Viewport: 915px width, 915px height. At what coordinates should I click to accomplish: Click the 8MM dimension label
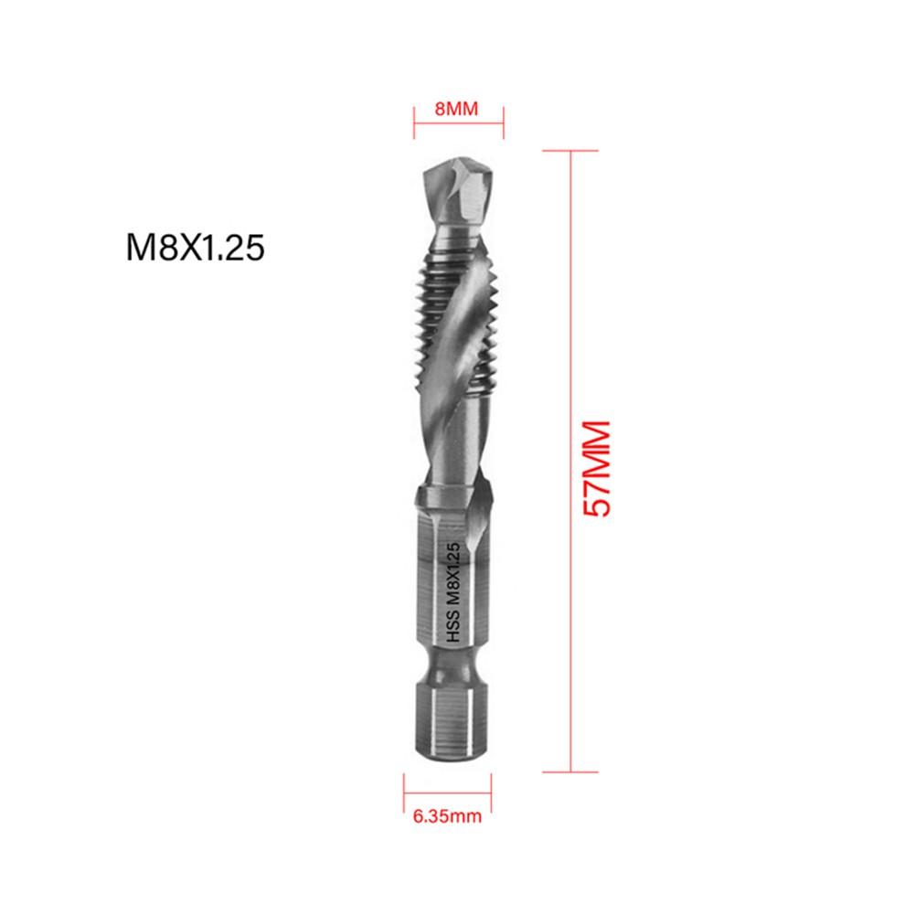pyautogui.click(x=456, y=109)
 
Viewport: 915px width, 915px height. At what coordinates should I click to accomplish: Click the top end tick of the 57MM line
pyautogui.click(x=571, y=150)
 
